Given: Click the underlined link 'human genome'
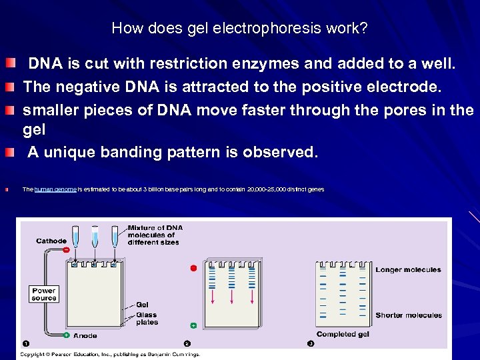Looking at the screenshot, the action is (55, 190).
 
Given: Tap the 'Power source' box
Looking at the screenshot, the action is (44, 295).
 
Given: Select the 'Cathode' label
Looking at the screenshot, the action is (51, 241).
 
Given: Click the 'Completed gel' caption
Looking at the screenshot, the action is (343, 334).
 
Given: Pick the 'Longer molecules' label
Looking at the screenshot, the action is (408, 270).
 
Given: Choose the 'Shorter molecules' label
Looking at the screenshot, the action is (409, 315).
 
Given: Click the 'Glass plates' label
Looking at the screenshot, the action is (147, 319).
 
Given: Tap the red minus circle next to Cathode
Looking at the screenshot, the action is (66, 249).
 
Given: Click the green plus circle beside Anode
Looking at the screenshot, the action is (67, 335).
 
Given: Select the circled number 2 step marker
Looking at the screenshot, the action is (187, 343).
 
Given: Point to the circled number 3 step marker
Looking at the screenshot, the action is (311, 343).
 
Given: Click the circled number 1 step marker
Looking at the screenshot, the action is (25, 343).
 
